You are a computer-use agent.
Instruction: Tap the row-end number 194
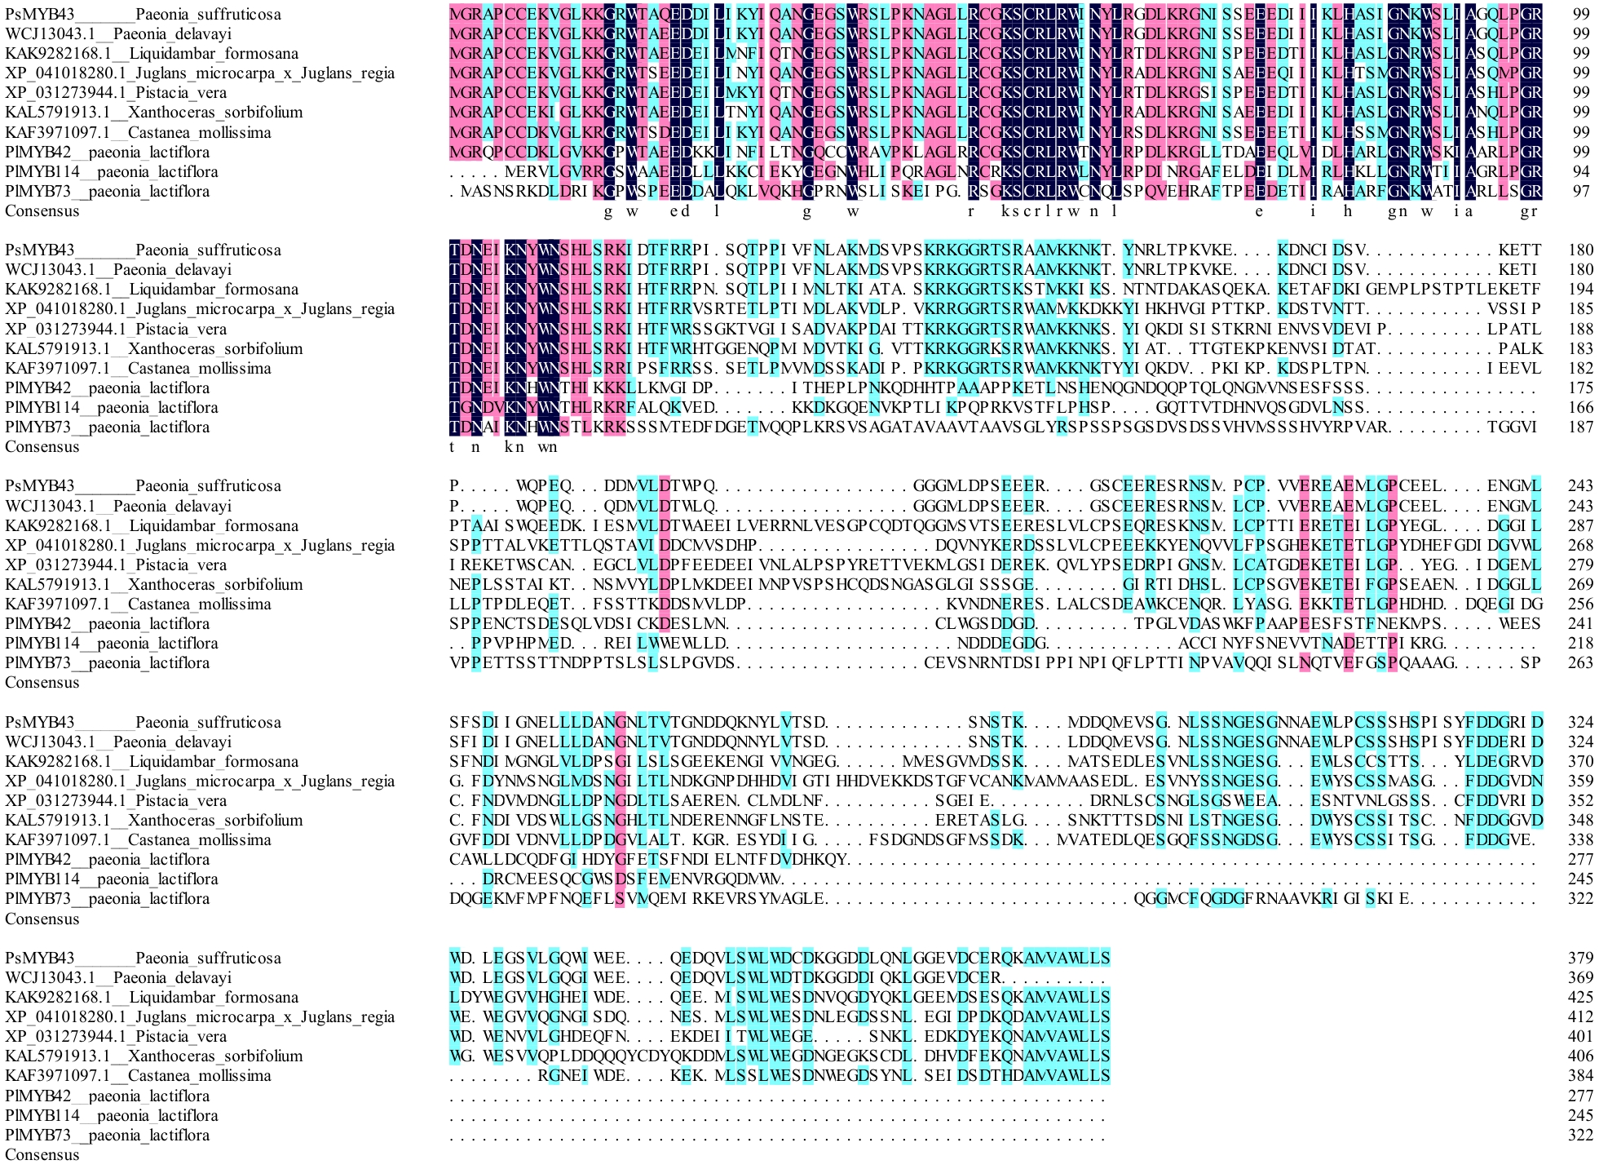pyautogui.click(x=1580, y=289)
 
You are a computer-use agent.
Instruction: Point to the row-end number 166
pyautogui.click(x=1580, y=407)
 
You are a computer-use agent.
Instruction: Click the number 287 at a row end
pyautogui.click(x=1580, y=525)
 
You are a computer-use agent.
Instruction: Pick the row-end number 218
pyautogui.click(x=1580, y=643)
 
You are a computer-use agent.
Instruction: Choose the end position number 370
pyautogui.click(x=1580, y=761)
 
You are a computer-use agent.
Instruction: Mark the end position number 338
pyautogui.click(x=1580, y=839)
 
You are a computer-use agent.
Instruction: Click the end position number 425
pyautogui.click(x=1580, y=997)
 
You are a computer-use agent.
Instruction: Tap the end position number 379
pyautogui.click(x=1580, y=958)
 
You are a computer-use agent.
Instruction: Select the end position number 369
pyautogui.click(x=1580, y=977)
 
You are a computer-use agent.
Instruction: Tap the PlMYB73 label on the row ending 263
pyautogui.click(x=107, y=662)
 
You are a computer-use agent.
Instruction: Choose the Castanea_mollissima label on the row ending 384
pyautogui.click(x=138, y=1075)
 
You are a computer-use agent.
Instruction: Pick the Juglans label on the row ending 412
pyautogui.click(x=200, y=1016)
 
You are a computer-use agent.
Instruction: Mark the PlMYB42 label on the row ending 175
pyautogui.click(x=107, y=387)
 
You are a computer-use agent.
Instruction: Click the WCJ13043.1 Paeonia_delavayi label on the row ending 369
pyautogui.click(x=118, y=977)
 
